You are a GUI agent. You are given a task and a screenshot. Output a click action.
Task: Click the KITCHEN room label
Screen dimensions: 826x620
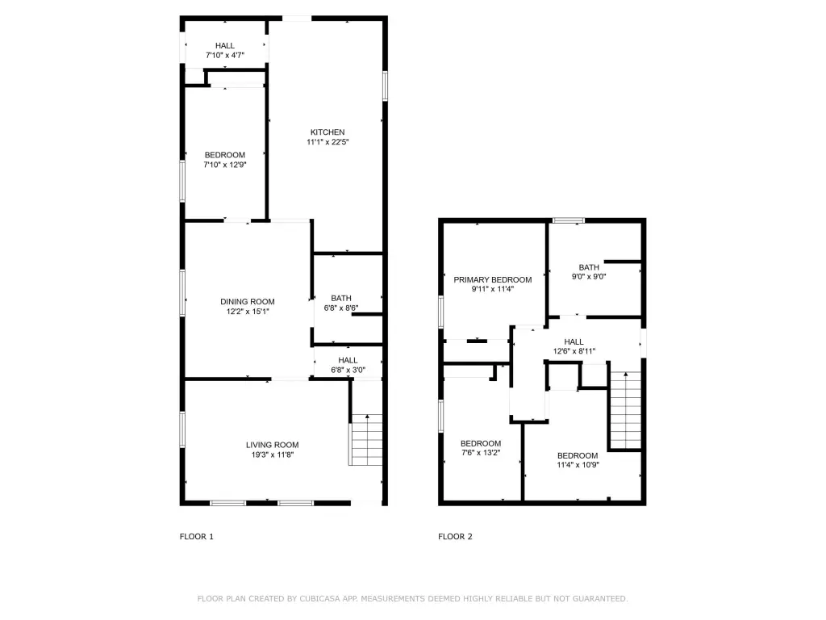tap(327, 132)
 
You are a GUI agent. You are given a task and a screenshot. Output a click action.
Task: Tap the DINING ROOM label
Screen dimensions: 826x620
tap(248, 302)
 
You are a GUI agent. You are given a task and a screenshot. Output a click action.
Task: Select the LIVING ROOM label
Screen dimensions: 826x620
tap(273, 445)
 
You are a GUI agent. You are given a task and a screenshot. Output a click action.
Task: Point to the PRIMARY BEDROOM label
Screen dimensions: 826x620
tap(493, 279)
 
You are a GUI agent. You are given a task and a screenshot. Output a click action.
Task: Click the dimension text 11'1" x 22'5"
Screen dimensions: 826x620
tap(327, 142)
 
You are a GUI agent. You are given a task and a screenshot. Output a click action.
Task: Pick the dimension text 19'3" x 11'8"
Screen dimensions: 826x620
tap(273, 455)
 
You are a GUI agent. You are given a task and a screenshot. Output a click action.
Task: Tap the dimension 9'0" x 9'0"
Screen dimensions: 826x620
tap(589, 276)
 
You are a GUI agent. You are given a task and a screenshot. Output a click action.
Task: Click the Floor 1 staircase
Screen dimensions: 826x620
tap(365, 440)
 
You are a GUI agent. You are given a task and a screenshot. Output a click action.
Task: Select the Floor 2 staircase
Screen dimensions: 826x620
tap(625, 410)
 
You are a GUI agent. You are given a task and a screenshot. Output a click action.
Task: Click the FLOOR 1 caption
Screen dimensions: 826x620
tap(197, 537)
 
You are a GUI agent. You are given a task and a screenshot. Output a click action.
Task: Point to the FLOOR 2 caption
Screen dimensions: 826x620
tap(455, 537)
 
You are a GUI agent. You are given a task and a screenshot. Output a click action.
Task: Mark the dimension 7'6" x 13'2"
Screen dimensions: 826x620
tap(481, 452)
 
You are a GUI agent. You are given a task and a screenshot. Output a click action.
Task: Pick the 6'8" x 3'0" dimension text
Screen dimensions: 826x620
tap(348, 370)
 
